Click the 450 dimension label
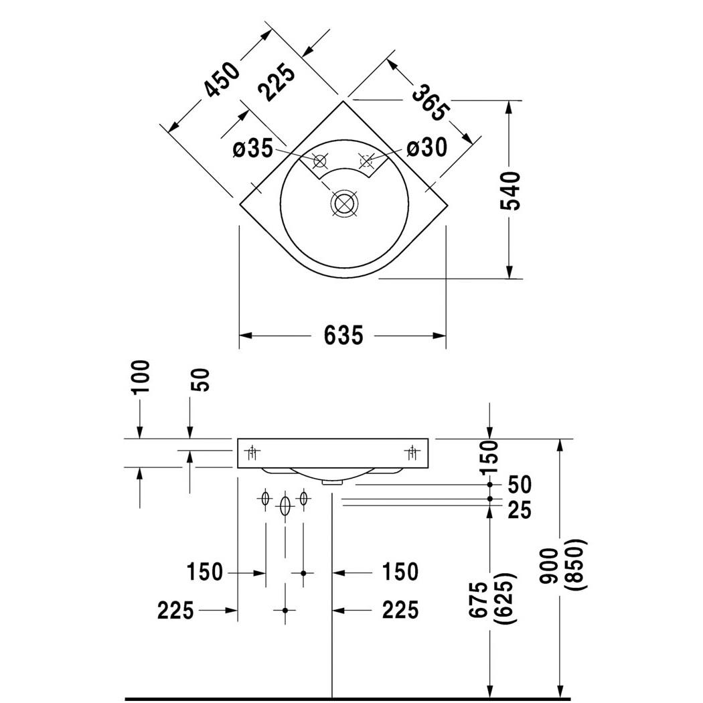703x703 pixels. click(221, 80)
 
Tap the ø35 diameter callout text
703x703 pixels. click(253, 149)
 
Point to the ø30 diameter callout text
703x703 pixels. click(426, 147)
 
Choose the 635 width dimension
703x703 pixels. click(343, 335)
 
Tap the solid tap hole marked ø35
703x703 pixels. click(320, 161)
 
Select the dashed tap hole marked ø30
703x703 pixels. click(366, 161)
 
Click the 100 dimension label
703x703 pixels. click(141, 378)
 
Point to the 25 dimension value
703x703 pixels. click(519, 510)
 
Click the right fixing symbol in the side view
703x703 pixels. click(412, 453)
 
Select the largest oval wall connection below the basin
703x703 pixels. click(285, 507)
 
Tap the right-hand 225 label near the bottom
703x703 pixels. click(400, 610)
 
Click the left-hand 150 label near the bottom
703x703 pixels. click(205, 572)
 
